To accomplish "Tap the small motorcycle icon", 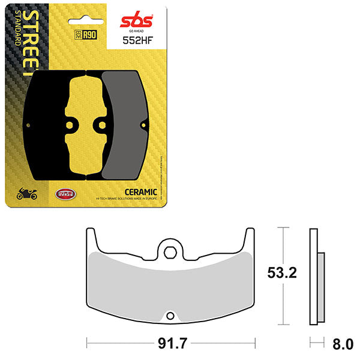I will coord(26,194).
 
